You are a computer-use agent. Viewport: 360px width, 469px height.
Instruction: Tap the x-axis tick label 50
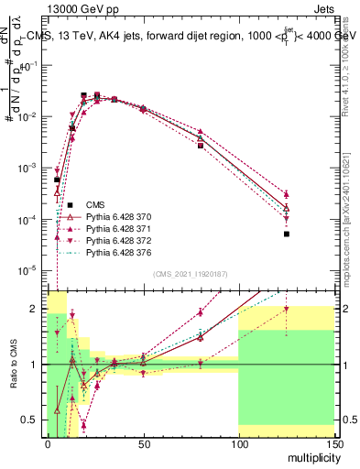pyautogui.click(x=142, y=442)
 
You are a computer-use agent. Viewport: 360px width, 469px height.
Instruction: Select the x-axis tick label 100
pyautogui.click(x=238, y=442)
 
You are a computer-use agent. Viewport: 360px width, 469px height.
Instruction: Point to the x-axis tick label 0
pyautogui.click(x=48, y=442)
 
